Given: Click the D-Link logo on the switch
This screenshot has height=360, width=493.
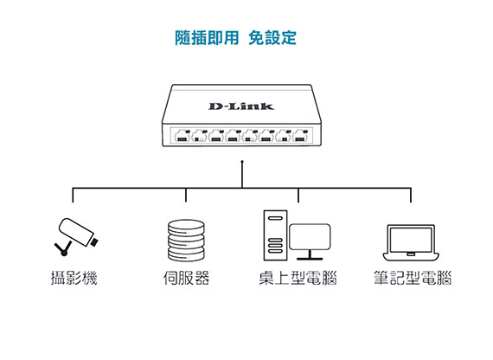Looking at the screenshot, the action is (x=241, y=106).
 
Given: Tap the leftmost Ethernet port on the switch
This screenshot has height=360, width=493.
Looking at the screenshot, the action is (x=182, y=136).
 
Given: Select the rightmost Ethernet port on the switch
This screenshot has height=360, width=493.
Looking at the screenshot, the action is (x=300, y=136).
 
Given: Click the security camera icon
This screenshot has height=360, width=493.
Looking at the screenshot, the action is (x=76, y=236).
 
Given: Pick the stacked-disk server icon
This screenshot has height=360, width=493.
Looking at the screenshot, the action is (x=186, y=241).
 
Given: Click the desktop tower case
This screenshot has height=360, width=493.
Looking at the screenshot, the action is (x=275, y=235).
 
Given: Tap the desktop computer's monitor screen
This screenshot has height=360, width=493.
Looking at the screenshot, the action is (x=310, y=236).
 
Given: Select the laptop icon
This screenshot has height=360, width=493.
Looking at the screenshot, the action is (x=411, y=242).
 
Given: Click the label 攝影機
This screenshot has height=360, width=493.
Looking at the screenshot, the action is (x=74, y=278).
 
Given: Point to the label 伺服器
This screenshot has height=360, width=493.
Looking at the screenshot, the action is (x=186, y=278).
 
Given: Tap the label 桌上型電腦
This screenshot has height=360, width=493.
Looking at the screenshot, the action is (x=298, y=278).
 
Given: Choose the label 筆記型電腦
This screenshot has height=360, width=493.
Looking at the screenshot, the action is (x=413, y=278).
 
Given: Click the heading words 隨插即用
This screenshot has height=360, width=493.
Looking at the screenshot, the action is (x=207, y=38).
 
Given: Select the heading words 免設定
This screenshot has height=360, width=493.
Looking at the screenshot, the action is (x=272, y=38).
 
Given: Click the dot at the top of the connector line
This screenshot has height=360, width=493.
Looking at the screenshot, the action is (x=242, y=162).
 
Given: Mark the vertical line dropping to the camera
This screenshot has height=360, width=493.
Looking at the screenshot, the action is (x=73, y=195).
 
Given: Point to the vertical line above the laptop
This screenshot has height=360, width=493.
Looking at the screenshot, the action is (x=411, y=195).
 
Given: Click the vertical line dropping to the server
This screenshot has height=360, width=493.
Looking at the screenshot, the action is (x=186, y=195).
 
